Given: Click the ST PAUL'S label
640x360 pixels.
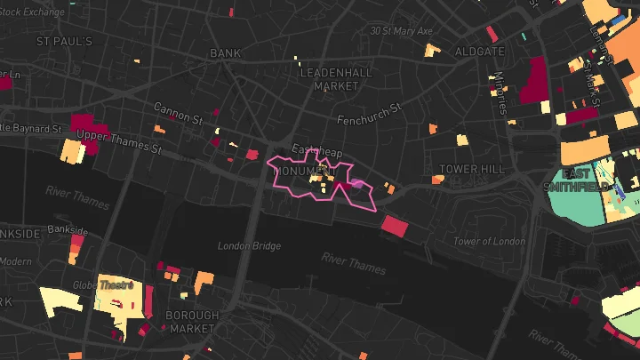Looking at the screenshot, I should (64, 42).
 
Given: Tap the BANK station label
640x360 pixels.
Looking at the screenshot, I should (226, 53).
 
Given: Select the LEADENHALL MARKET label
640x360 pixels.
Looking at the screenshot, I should (329, 79).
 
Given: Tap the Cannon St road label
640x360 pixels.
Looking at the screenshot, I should (178, 112).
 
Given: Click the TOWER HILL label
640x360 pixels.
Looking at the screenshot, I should (472, 169).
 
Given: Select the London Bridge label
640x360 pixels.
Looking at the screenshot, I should (250, 246).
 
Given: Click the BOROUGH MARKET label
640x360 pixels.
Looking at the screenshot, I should (191, 322).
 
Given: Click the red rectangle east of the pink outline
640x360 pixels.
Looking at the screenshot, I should (394, 226).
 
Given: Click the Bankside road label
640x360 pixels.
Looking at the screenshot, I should (68, 229).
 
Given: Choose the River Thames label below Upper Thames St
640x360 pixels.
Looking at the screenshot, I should (78, 191).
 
